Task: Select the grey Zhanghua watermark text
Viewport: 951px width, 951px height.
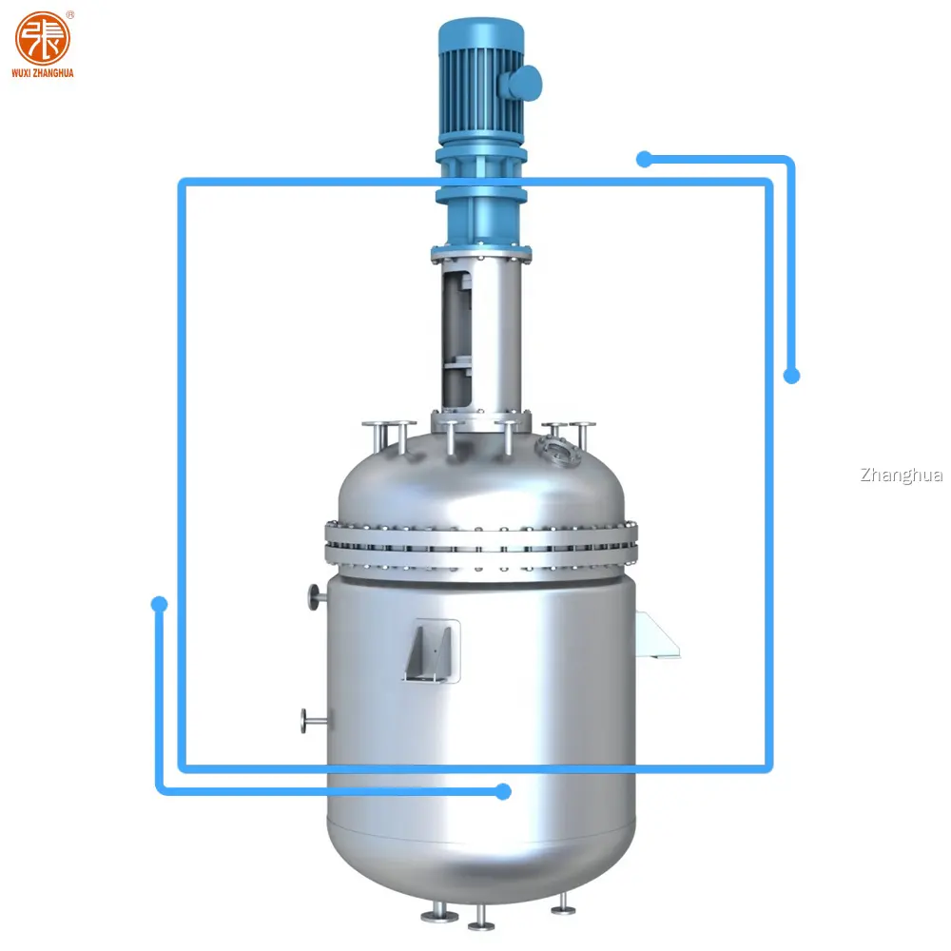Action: pyautogui.click(x=900, y=475)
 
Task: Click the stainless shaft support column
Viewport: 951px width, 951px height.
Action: pyautogui.click(x=480, y=333)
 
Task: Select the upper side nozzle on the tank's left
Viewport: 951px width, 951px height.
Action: pyautogui.click(x=315, y=595)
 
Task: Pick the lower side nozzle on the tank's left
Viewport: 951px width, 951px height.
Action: pyautogui.click(x=311, y=721)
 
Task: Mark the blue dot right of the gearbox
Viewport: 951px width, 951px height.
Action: pyautogui.click(x=644, y=159)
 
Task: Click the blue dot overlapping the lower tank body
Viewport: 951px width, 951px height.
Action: pyautogui.click(x=504, y=791)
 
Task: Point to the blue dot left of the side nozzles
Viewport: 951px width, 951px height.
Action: pyautogui.click(x=160, y=604)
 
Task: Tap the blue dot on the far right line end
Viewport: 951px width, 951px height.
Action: pyautogui.click(x=791, y=376)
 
